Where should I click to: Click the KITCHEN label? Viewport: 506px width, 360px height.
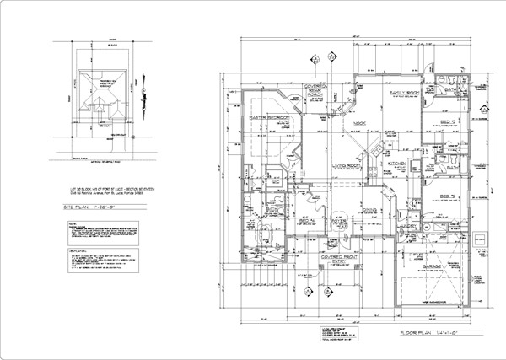(396, 163)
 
